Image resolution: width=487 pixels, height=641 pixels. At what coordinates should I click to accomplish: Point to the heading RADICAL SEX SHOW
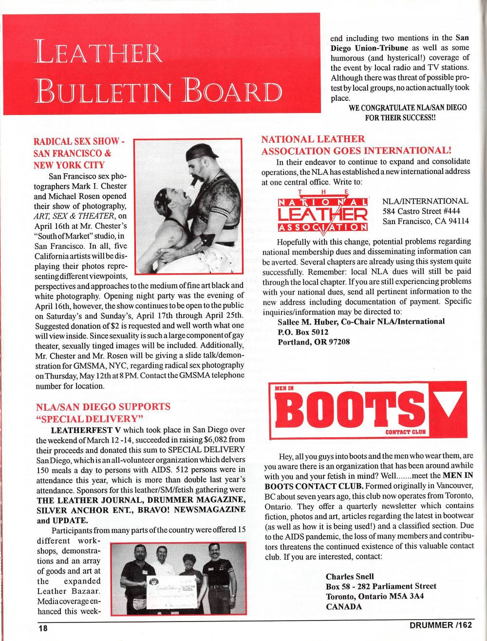click(76, 142)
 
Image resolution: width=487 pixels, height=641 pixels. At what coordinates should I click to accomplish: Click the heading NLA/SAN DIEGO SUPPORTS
click(103, 406)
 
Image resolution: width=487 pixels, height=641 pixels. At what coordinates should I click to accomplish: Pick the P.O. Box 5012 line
click(303, 332)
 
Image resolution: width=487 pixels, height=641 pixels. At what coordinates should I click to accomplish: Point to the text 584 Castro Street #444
click(421, 211)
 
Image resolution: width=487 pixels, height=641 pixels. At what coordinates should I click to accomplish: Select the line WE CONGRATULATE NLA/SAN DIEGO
click(408, 108)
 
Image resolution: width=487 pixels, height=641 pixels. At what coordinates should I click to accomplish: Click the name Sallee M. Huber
click(309, 321)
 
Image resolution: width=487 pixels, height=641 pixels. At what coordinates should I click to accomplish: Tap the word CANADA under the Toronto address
click(344, 606)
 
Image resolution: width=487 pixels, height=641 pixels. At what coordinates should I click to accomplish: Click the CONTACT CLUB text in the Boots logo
click(405, 432)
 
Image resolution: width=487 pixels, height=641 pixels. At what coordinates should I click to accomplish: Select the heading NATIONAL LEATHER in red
click(313, 139)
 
